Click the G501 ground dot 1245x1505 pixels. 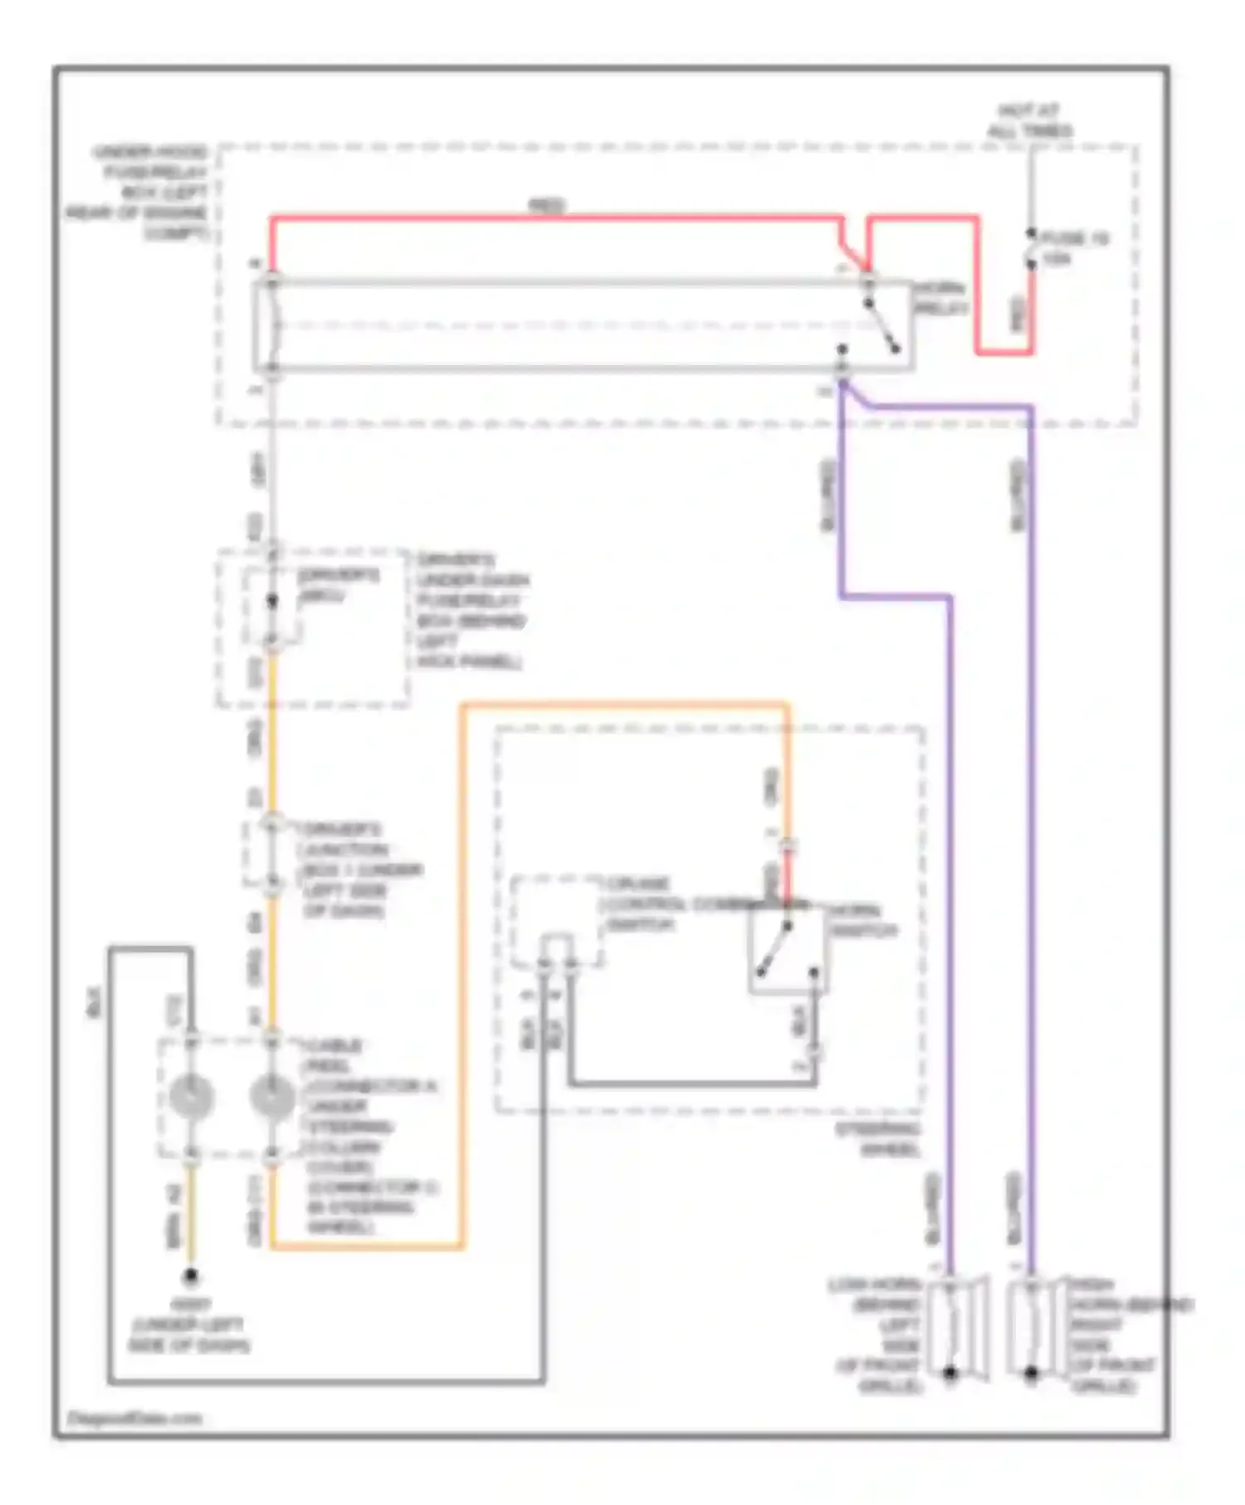point(191,1275)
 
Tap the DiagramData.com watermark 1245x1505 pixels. point(134,1418)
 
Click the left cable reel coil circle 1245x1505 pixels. point(191,1096)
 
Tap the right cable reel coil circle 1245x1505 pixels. point(272,1096)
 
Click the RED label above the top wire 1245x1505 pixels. point(547,204)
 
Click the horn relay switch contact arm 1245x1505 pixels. point(881,325)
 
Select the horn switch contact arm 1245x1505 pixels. point(774,948)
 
